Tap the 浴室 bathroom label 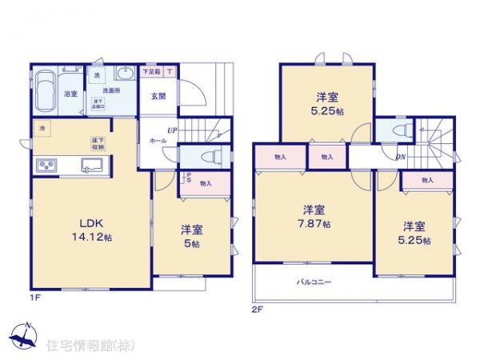coord(70,94)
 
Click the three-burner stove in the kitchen coord(46,166)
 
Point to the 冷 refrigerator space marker coord(39,126)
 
